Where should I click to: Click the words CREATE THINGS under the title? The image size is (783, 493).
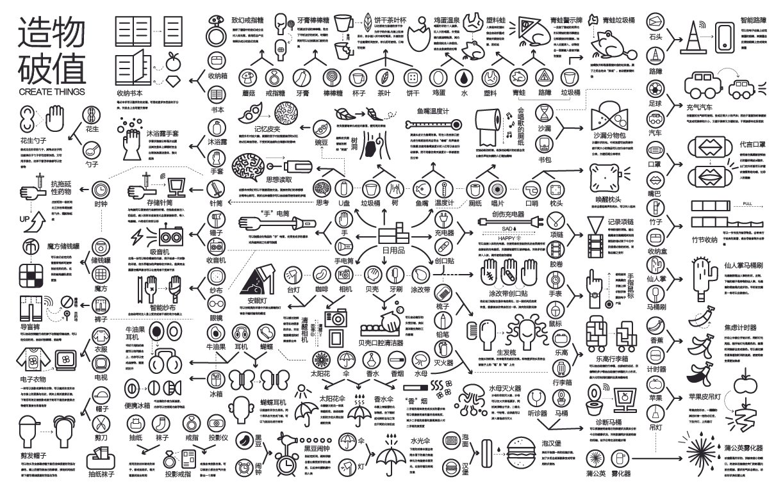[x=51, y=92]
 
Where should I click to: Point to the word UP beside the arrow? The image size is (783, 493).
[x=25, y=222]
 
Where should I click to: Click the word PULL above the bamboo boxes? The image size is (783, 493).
[x=747, y=203]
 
